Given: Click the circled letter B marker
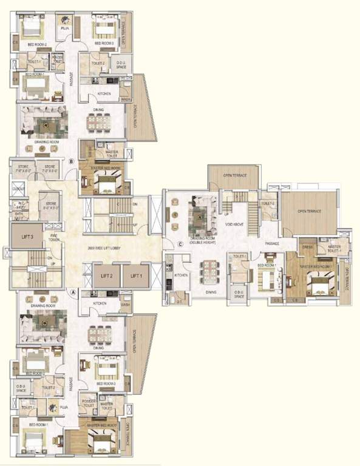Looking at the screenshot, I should [72, 162].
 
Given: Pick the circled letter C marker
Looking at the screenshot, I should [180, 245].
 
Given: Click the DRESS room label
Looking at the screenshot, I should [307, 248].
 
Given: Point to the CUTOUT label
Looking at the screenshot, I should [18, 189].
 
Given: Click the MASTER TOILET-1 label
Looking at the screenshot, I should [335, 249].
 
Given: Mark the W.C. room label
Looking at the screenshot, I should [21, 203].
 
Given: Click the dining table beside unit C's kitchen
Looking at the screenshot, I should [209, 269].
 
